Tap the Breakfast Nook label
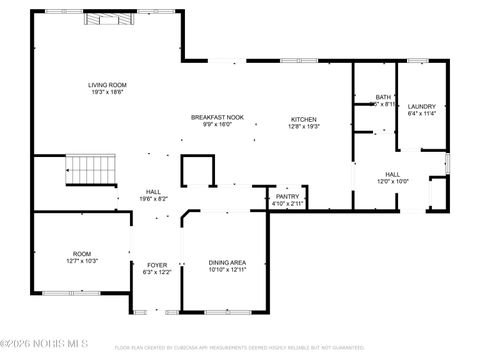coord(217,117)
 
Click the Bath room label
coord(384,97)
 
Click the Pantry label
coord(288,196)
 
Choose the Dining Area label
coord(226,262)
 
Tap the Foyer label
coord(158,264)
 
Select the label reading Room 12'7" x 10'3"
coord(81,254)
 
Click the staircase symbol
coord(91,170)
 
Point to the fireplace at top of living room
coord(104,18)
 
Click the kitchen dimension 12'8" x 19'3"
coord(303,126)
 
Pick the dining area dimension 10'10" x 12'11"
coord(226,270)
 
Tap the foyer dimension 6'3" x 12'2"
coord(158,272)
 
